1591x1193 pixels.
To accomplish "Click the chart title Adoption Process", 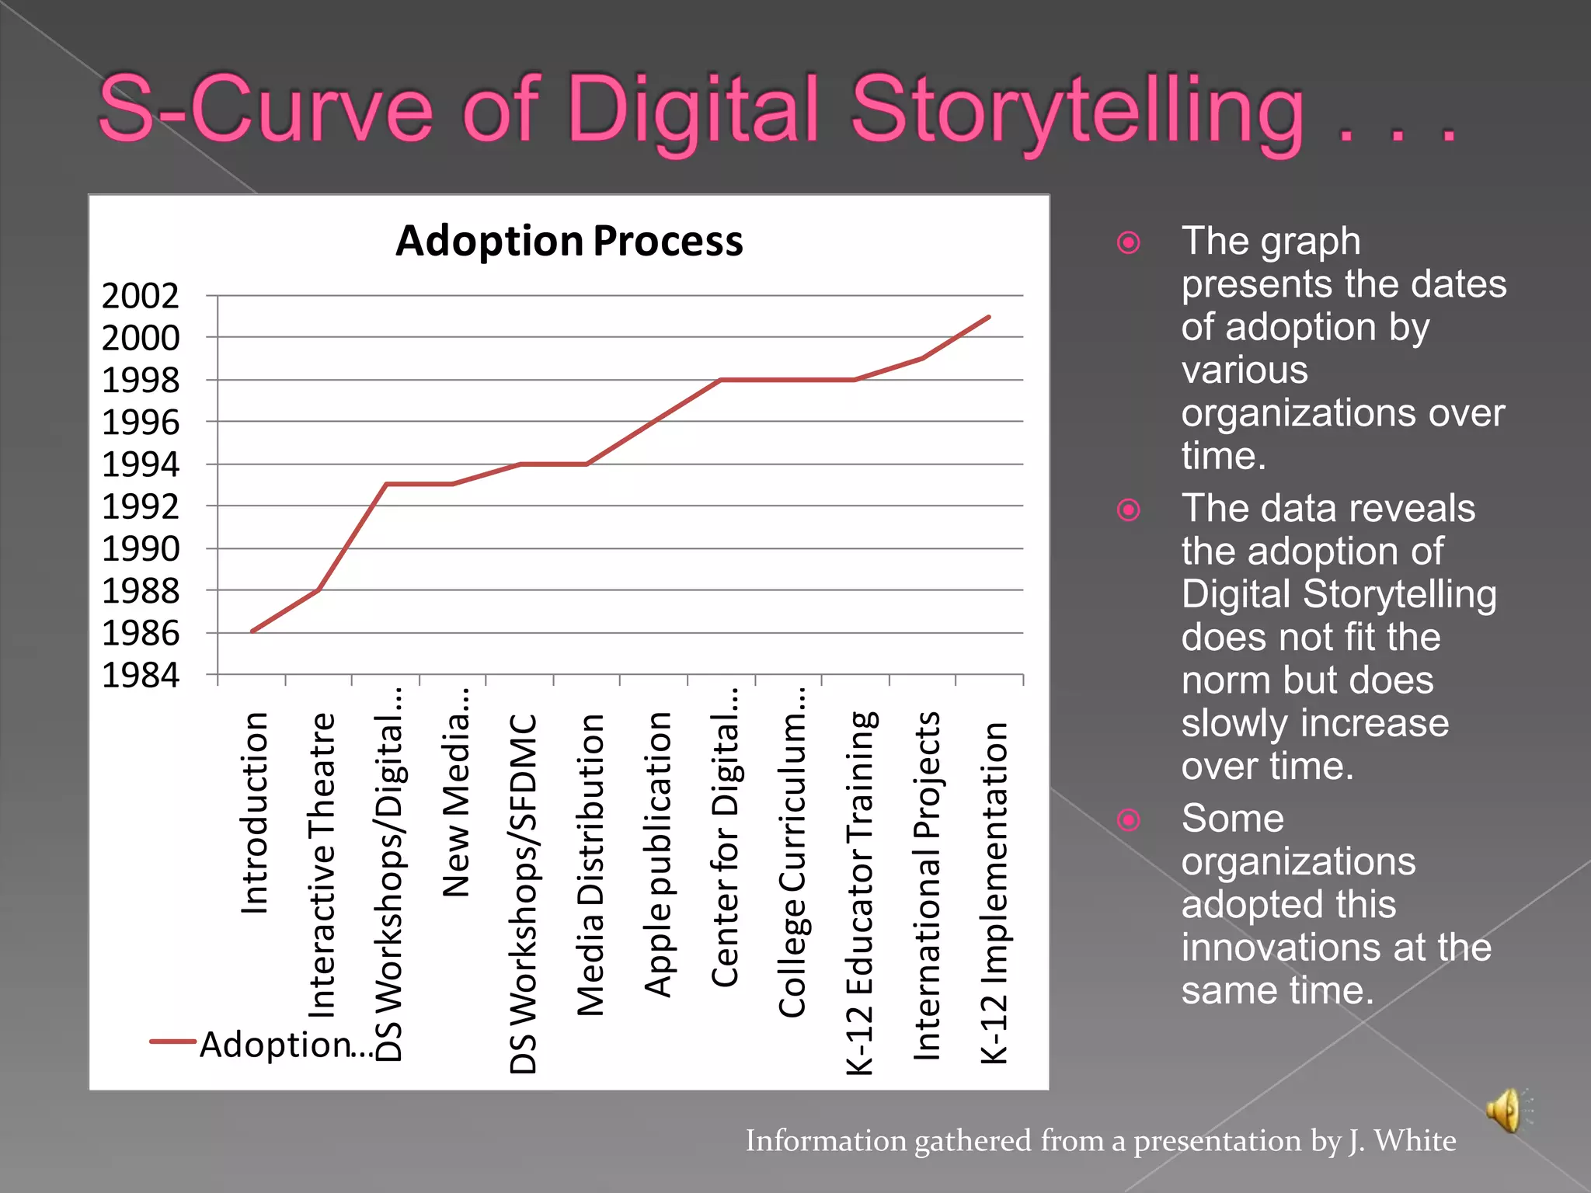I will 569,241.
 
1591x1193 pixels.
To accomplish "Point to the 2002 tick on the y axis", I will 141,296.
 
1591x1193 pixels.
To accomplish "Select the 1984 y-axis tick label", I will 141,675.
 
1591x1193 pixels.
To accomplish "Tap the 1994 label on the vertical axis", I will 141,464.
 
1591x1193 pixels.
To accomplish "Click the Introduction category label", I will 255,812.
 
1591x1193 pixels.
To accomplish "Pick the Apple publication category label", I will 657,854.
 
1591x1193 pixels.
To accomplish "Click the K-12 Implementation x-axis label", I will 994,892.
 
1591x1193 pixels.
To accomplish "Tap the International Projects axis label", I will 926,885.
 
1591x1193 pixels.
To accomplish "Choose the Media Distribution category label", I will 590,864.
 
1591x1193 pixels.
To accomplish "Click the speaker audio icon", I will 1506,1111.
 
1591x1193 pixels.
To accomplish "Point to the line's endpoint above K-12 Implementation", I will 989,317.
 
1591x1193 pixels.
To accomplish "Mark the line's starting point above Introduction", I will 252,631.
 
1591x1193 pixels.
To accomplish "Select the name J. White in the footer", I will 1401,1140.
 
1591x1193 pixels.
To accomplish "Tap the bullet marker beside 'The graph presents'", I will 1128,243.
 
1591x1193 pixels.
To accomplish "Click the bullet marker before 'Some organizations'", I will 1128,820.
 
